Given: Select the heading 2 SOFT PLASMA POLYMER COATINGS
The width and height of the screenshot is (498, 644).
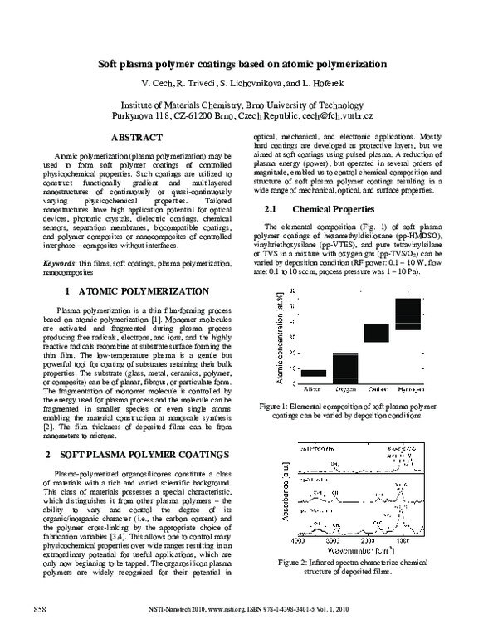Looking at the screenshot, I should (x=136, y=455).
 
